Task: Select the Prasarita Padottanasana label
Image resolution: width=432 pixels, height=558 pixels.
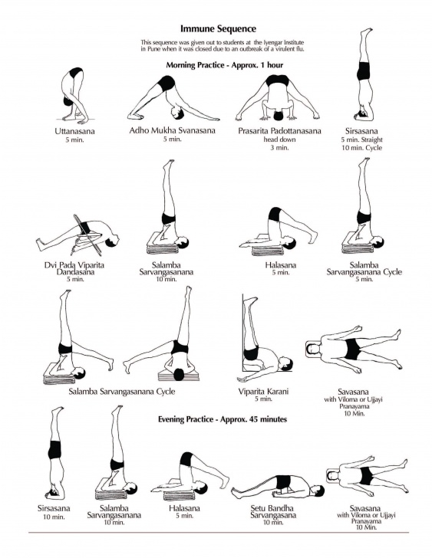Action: (x=278, y=131)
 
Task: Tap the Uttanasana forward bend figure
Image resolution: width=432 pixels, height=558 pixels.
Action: (x=74, y=96)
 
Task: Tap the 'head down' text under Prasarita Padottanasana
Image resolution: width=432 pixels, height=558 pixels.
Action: (x=279, y=139)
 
